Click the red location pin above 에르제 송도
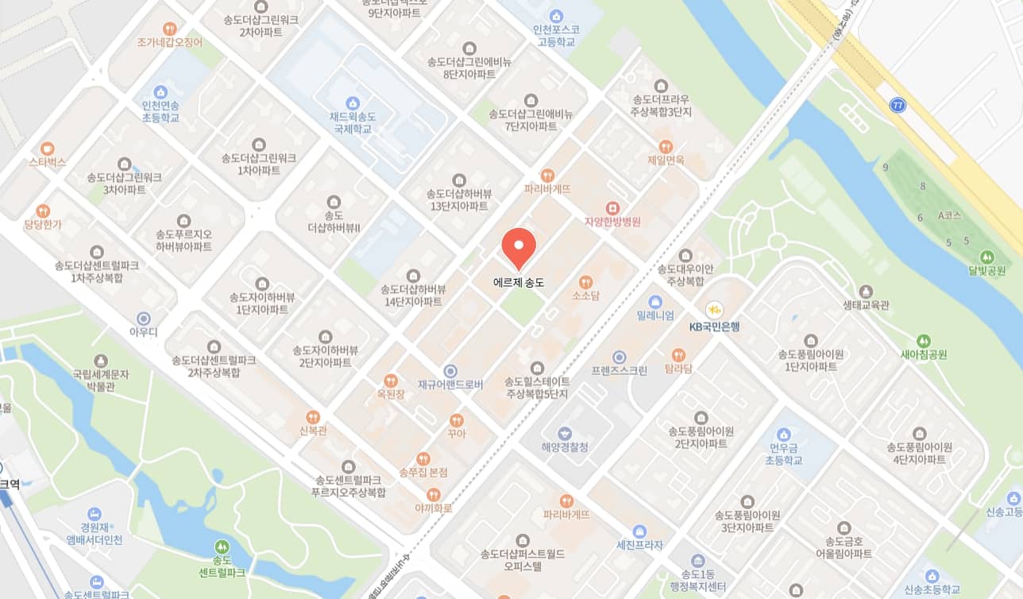[x=519, y=245]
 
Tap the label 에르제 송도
[x=519, y=282]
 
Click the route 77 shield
[x=898, y=105]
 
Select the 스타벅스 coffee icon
[x=48, y=148]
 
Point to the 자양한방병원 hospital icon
[x=612, y=208]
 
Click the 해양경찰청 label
[x=565, y=447]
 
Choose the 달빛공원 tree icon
[x=986, y=257]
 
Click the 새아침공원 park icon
[x=924, y=341]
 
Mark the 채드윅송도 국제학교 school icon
[x=353, y=103]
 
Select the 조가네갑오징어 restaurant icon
[x=169, y=29]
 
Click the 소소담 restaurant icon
[x=585, y=282]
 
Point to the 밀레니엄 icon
[x=655, y=302]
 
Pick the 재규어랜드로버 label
[x=451, y=385]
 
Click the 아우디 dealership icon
[x=143, y=318]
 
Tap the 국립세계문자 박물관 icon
[x=100, y=361]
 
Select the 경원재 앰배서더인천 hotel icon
[x=95, y=514]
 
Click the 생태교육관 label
[x=867, y=305]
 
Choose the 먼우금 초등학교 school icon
[x=784, y=435]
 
